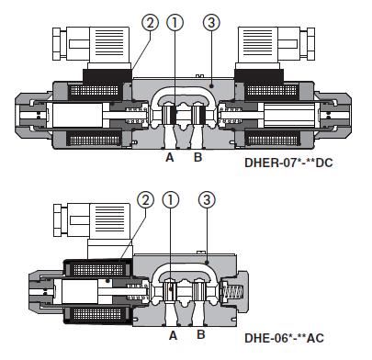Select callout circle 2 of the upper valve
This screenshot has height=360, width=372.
pos(150,22)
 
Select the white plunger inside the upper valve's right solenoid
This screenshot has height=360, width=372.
pos(292,116)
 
